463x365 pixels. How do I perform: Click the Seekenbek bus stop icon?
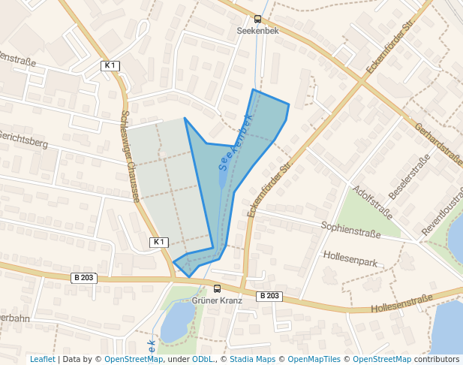[x=258, y=19]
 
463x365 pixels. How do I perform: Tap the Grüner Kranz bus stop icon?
[x=218, y=288]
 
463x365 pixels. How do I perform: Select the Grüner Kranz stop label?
[x=218, y=300]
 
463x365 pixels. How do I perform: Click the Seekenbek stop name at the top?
[x=258, y=31]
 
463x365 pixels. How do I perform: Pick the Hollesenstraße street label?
[x=402, y=304]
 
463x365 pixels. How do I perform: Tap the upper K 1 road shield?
[x=110, y=66]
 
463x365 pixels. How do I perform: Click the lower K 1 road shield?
[x=159, y=242]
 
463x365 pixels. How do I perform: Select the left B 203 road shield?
[x=84, y=278]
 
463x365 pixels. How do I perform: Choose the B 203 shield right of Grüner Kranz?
[x=269, y=296]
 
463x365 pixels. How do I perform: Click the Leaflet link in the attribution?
[x=42, y=360]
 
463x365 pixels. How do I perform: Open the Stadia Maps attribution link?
[x=246, y=360]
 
